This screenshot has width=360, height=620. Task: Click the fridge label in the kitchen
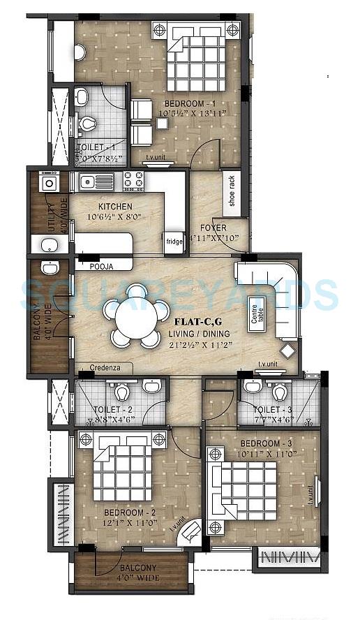[174, 242]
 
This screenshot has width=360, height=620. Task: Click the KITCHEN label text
[115, 207]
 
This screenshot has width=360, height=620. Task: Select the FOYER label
[213, 228]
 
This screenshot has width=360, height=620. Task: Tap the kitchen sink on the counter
[96, 182]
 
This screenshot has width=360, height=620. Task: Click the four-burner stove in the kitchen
[134, 182]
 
